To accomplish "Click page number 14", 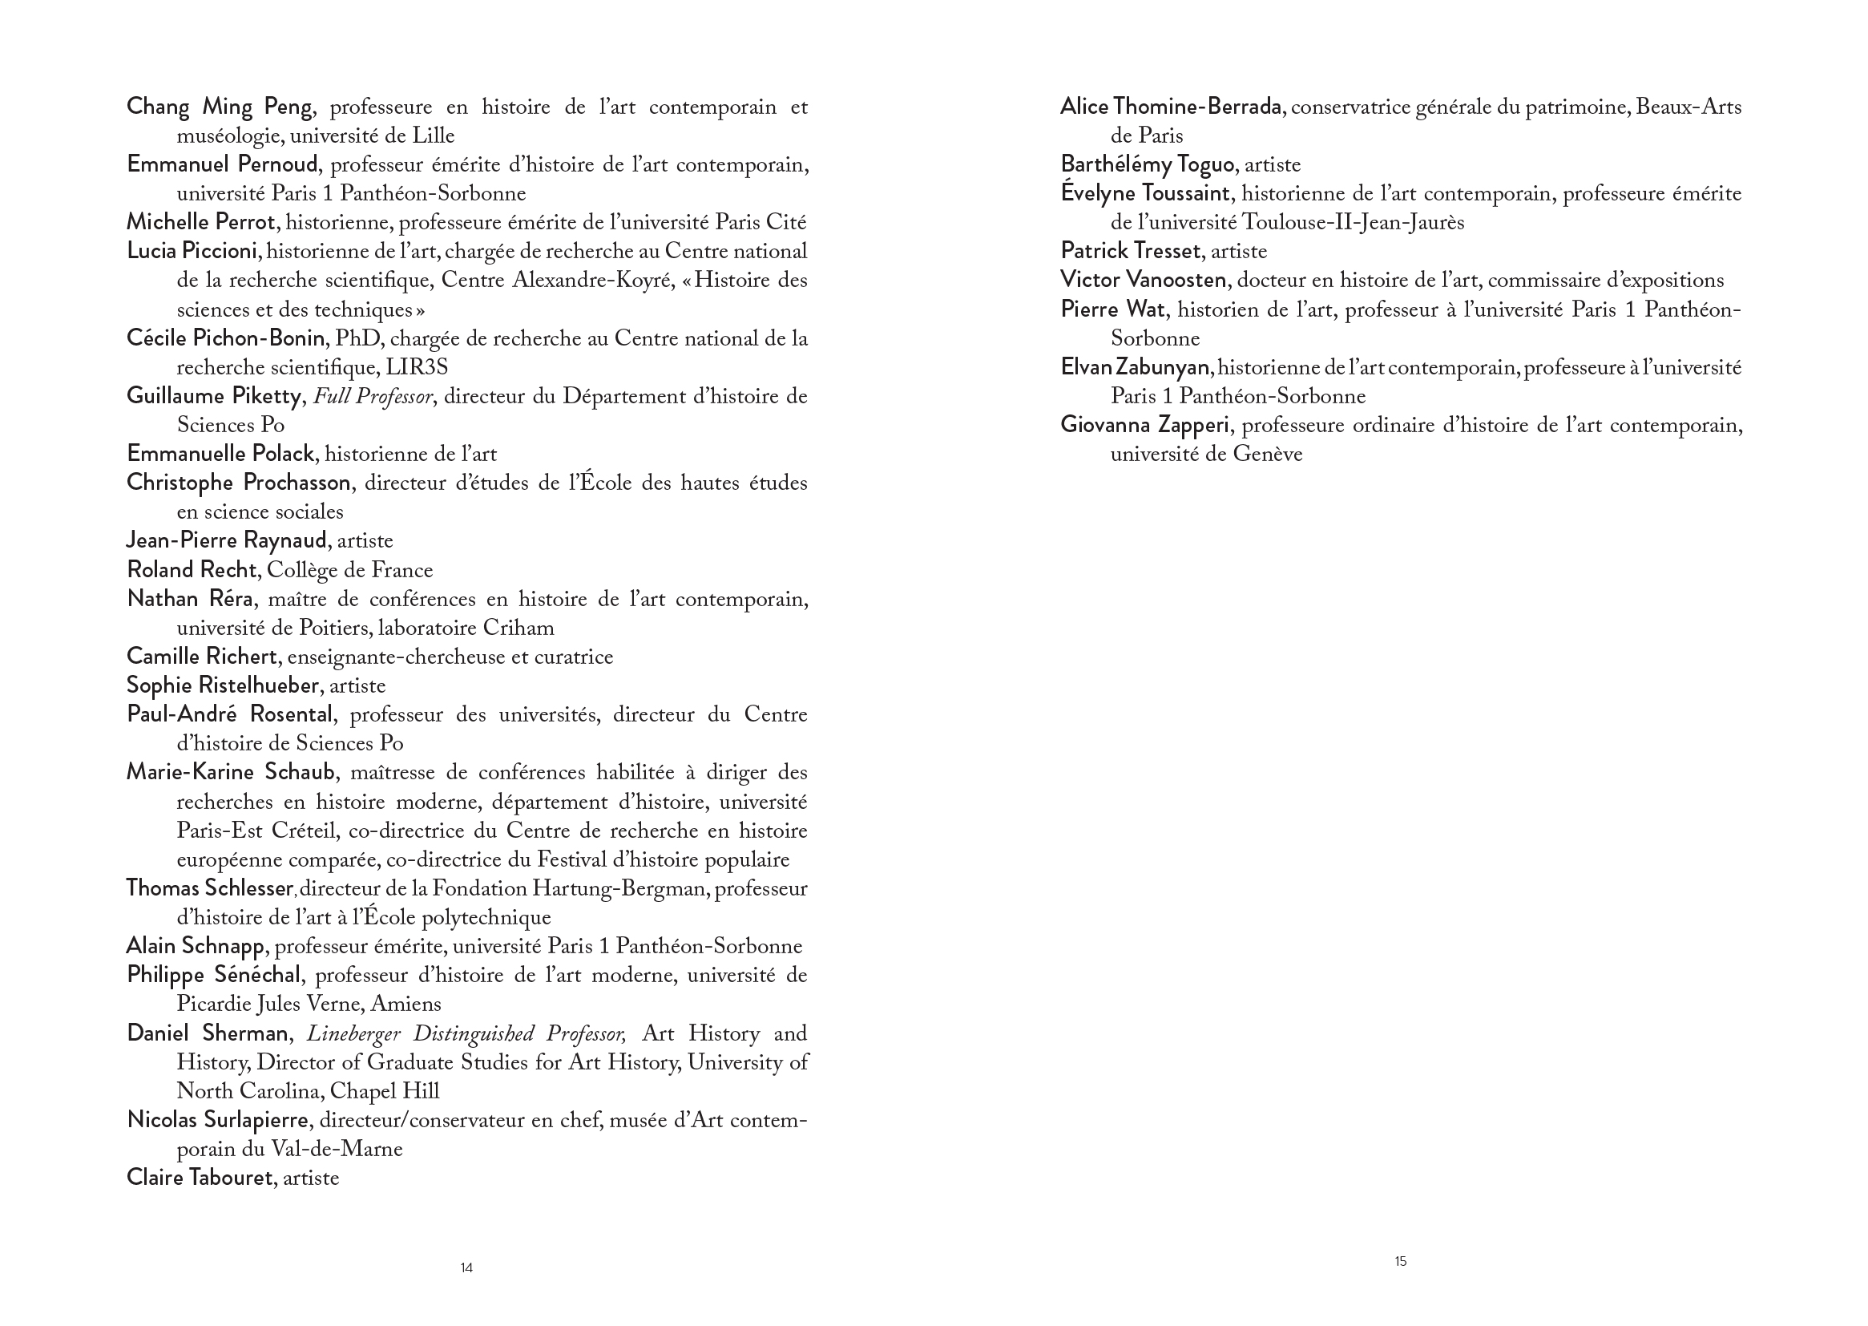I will click(x=466, y=1268).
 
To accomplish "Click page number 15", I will click(x=1400, y=1262).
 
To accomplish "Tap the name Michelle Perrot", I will click(x=201, y=222).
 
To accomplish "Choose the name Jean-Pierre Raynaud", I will click(x=227, y=540).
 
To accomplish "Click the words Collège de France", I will click(x=349, y=570).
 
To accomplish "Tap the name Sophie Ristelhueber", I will click(x=222, y=685).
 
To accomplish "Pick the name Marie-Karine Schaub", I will click(x=230, y=772).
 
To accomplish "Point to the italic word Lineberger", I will click(x=353, y=1033).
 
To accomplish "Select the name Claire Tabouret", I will click(x=199, y=1178).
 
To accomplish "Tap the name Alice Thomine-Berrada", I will click(x=1170, y=107).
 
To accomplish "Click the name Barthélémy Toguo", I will click(x=1147, y=165).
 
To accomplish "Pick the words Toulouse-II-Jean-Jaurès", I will click(x=1352, y=223).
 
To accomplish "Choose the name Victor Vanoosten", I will click(x=1143, y=280).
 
